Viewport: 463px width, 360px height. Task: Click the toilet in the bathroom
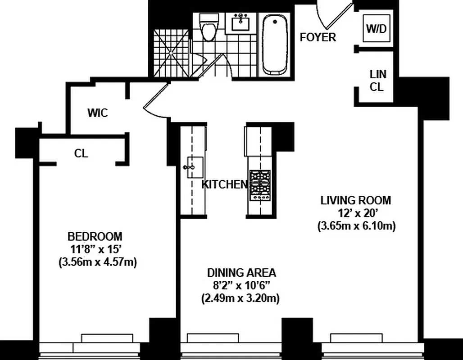click(208, 28)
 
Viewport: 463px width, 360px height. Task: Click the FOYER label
click(318, 37)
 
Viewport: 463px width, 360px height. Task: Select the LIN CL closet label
click(377, 81)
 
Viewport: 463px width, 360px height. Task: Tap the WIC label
click(98, 113)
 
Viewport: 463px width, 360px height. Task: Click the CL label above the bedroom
click(81, 154)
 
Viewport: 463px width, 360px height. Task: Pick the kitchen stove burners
click(261, 185)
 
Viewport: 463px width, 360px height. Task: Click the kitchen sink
click(192, 168)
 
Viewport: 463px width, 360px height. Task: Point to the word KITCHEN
click(224, 184)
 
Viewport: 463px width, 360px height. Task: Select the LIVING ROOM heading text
click(356, 200)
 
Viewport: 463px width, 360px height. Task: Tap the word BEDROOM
click(95, 236)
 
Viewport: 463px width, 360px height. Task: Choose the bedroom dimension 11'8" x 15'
click(97, 249)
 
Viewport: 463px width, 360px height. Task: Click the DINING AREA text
click(241, 272)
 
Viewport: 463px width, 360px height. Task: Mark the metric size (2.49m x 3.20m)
click(240, 298)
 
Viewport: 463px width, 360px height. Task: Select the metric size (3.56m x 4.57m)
click(97, 262)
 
